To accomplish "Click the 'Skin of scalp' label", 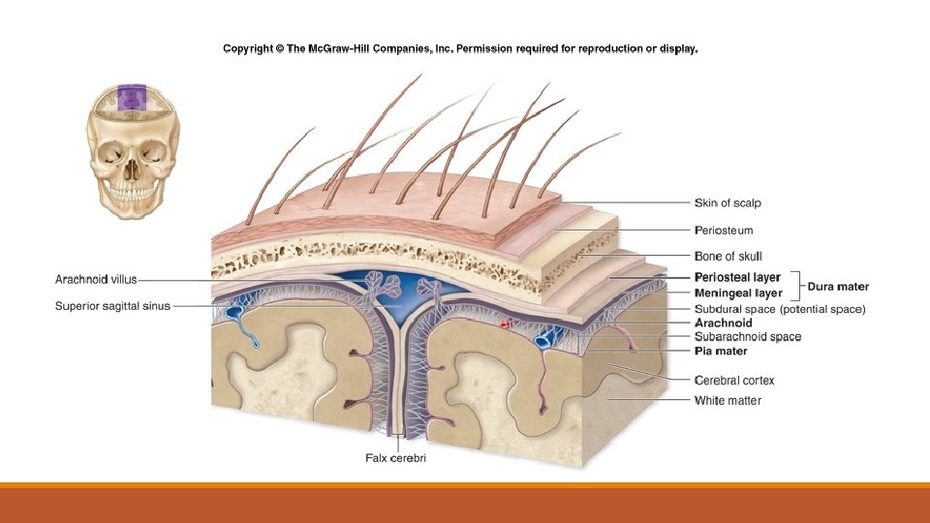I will (728, 203).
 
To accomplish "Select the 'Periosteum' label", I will (724, 231).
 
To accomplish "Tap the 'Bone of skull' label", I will (728, 257).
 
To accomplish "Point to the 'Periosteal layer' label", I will (737, 278).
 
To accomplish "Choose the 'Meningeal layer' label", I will (737, 292).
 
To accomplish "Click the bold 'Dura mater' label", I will (838, 287).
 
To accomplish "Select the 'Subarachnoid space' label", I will (748, 337).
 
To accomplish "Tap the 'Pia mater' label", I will (721, 351).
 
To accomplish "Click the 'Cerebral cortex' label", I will (734, 380).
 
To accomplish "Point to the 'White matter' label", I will (728, 400).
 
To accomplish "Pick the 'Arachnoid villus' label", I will (95, 280).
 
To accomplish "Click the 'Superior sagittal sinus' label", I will (112, 306).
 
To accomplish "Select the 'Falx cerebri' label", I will (393, 458).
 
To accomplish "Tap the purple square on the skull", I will (131, 98).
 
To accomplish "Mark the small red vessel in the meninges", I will (504, 327).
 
